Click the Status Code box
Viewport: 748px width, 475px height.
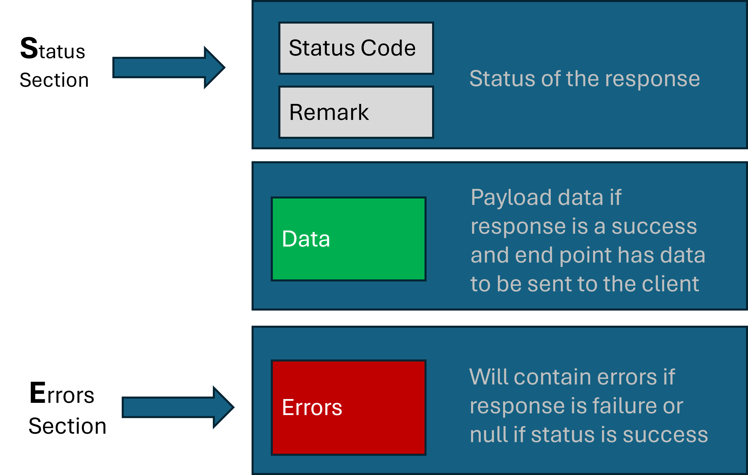pos(356,48)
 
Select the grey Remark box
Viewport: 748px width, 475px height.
pos(356,112)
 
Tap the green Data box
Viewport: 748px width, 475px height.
pos(349,239)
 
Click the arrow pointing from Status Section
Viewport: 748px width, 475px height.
pos(169,67)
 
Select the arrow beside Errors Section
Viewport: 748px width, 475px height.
pos(178,407)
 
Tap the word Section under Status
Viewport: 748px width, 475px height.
pos(54,80)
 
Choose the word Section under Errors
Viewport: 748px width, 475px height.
pos(68,426)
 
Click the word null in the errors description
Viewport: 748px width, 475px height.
pos(489,434)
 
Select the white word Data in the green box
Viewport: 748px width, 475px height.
pos(306,239)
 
